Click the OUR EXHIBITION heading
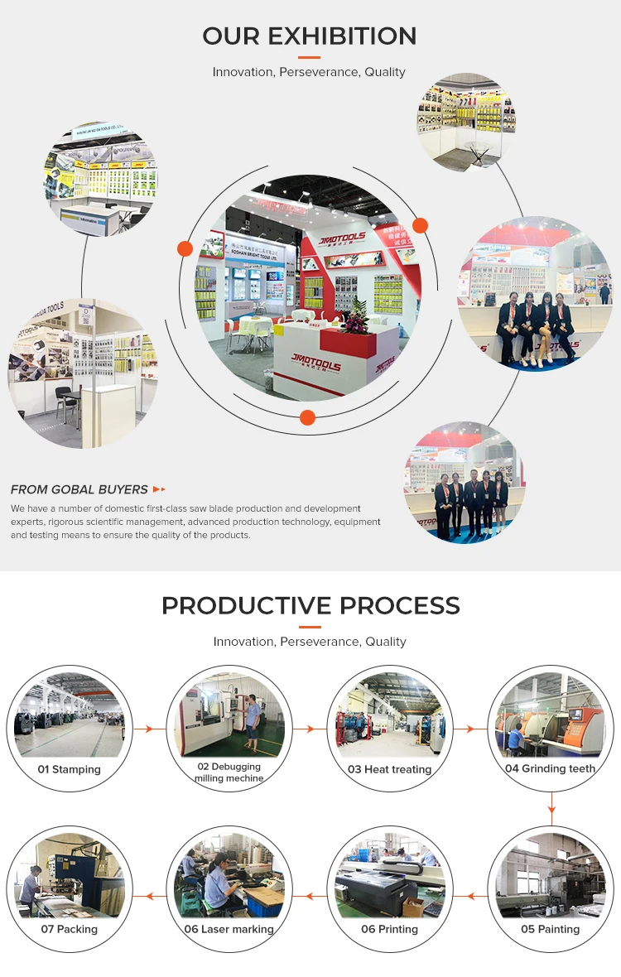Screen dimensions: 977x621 pyautogui.click(x=310, y=36)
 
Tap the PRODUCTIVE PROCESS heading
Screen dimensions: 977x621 pyautogui.click(x=310, y=605)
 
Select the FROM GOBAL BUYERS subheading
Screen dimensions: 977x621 pyautogui.click(x=79, y=489)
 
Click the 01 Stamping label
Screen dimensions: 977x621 pyautogui.click(x=70, y=769)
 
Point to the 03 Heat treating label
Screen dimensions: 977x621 pyautogui.click(x=389, y=769)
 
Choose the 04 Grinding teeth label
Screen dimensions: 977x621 pyautogui.click(x=550, y=768)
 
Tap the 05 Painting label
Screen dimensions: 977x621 pyautogui.click(x=550, y=929)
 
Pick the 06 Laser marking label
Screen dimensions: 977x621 pyautogui.click(x=229, y=929)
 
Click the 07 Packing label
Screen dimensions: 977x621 pyautogui.click(x=70, y=929)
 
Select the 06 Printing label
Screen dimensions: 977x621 pyautogui.click(x=389, y=929)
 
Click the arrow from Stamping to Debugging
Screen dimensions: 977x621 pyautogui.click(x=149, y=729)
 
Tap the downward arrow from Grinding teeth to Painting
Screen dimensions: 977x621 pyautogui.click(x=551, y=804)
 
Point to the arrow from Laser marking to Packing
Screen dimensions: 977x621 pyautogui.click(x=149, y=896)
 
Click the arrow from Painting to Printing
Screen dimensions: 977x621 pyautogui.click(x=470, y=896)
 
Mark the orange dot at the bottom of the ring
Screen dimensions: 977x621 pyautogui.click(x=307, y=417)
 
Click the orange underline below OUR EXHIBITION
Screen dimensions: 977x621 pyautogui.click(x=309, y=57)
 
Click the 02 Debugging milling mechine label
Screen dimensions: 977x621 pyautogui.click(x=229, y=772)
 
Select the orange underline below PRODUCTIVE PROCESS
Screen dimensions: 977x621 pyautogui.click(x=309, y=627)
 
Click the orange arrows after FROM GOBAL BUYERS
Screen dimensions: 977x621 pyautogui.click(x=160, y=489)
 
